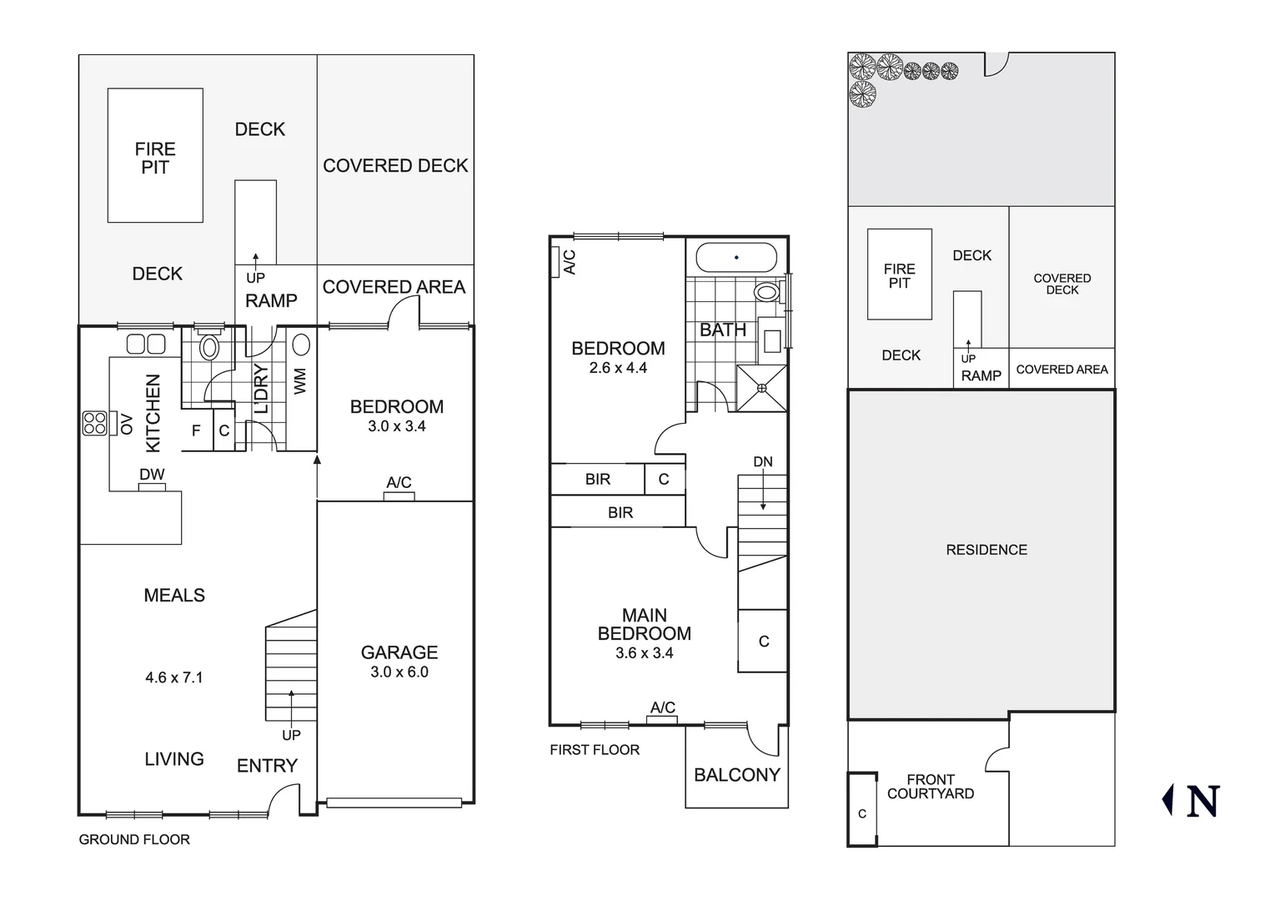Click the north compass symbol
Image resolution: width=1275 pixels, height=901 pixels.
point(1192,800)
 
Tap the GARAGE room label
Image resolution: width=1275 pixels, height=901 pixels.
point(399,652)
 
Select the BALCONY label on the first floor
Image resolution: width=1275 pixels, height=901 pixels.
point(737,775)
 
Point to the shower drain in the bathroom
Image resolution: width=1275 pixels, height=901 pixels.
point(762,388)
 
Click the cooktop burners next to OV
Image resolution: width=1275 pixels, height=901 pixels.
point(94,424)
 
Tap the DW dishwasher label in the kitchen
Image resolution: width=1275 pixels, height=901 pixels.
point(152,475)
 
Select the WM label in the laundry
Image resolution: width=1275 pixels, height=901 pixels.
point(301,381)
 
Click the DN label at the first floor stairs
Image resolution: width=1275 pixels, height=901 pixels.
point(763,462)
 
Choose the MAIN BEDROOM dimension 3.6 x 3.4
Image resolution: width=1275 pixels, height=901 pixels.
point(644,653)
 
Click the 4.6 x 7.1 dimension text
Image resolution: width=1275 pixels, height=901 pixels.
point(173,677)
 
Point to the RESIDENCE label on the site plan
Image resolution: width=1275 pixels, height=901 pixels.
point(986,550)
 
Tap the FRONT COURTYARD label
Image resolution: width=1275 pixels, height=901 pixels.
point(931,787)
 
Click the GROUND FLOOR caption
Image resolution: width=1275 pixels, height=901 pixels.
point(134,839)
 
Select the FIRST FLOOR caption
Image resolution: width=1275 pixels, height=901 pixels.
point(595,750)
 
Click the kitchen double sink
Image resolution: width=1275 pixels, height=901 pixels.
point(147,344)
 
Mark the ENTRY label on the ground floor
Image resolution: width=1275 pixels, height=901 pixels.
point(267,766)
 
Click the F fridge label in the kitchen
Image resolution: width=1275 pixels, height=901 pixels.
point(197,431)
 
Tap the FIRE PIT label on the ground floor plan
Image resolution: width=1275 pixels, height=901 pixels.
point(155,158)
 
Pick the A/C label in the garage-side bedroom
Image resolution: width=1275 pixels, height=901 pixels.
point(399,483)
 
